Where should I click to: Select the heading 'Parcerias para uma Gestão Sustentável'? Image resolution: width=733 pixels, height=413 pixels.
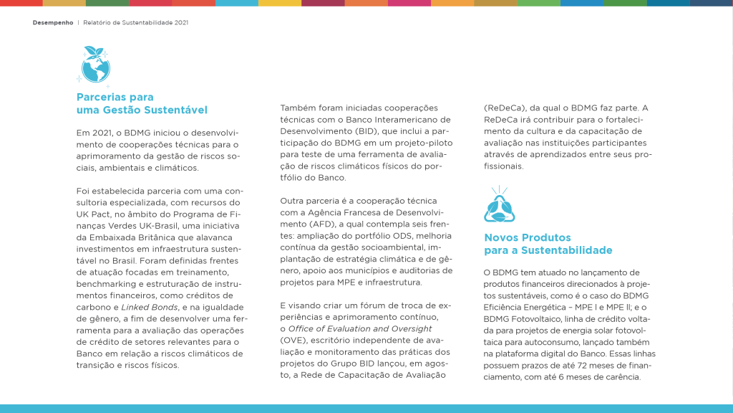coord(142,103)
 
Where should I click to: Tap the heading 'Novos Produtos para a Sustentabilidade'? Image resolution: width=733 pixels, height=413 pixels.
coord(548,244)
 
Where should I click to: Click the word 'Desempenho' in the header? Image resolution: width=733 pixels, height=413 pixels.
coord(53,22)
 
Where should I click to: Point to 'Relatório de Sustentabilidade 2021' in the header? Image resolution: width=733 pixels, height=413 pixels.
coord(135,22)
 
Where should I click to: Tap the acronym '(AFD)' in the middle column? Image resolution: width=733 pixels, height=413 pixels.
coord(294,224)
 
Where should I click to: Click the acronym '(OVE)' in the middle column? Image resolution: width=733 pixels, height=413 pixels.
coord(293,341)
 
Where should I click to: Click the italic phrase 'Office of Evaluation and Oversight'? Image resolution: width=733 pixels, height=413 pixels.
coord(360,329)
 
